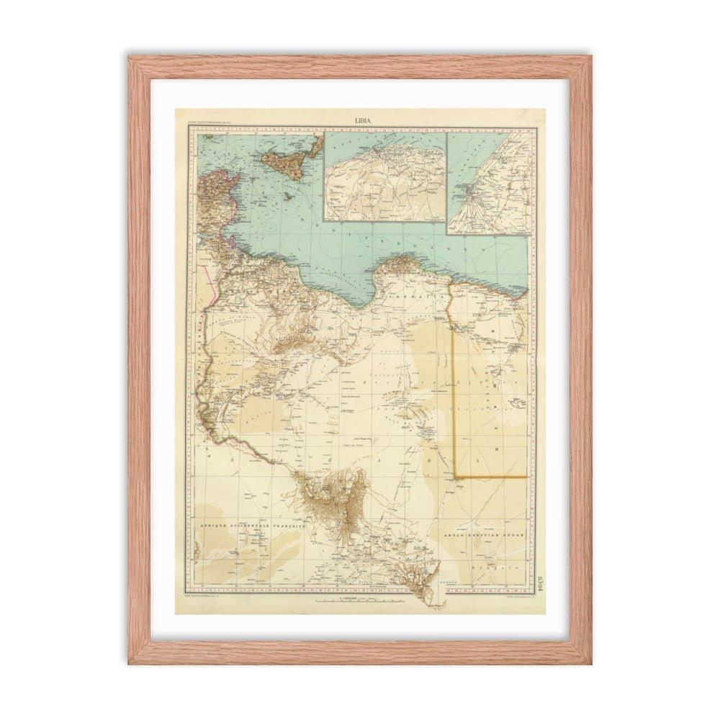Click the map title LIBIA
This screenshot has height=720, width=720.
pyautogui.click(x=362, y=120)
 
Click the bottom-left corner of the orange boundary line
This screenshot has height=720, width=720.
pyautogui.click(x=454, y=477)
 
